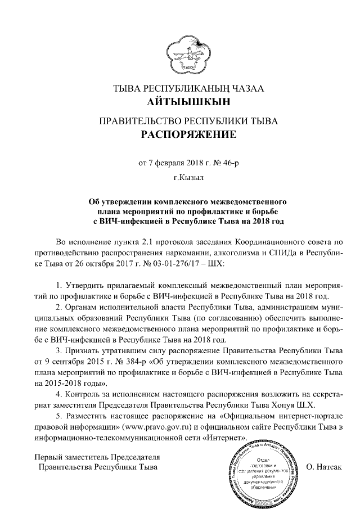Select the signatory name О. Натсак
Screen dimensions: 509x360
pyautogui.click(x=324, y=467)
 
